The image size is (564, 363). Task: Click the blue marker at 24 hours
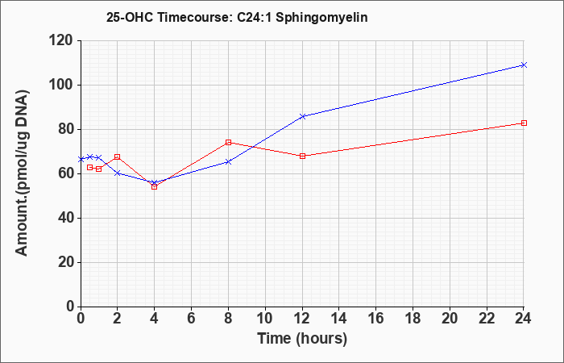(524, 65)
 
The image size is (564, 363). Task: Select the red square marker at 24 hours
(524, 123)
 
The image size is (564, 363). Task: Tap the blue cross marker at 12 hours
(302, 116)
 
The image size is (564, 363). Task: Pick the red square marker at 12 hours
(302, 156)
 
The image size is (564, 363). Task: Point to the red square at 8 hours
(228, 142)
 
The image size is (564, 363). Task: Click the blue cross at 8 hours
(228, 161)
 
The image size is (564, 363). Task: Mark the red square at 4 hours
(155, 186)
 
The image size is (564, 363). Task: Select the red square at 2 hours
(118, 156)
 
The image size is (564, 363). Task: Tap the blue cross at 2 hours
(118, 173)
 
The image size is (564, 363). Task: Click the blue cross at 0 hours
(81, 159)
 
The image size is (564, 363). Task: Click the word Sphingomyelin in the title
(321, 18)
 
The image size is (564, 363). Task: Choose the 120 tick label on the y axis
(60, 40)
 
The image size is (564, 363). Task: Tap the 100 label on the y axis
(60, 86)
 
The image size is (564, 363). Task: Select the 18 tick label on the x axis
(413, 319)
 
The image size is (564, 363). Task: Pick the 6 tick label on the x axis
(192, 319)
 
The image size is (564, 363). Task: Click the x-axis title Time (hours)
(302, 339)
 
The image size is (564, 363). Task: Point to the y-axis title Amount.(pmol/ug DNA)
(23, 173)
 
